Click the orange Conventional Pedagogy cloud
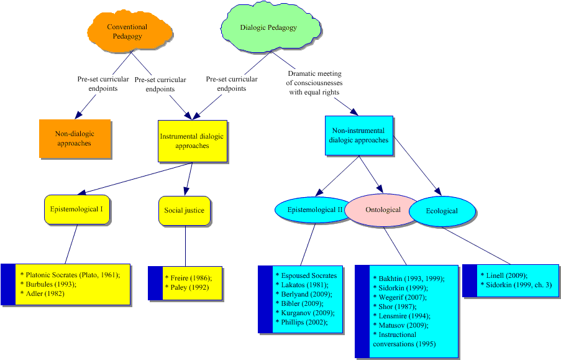click(127, 32)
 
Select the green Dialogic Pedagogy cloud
click(268, 28)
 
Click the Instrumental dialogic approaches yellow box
click(191, 141)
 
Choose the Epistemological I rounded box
click(78, 210)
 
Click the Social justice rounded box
click(185, 210)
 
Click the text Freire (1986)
click(189, 277)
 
